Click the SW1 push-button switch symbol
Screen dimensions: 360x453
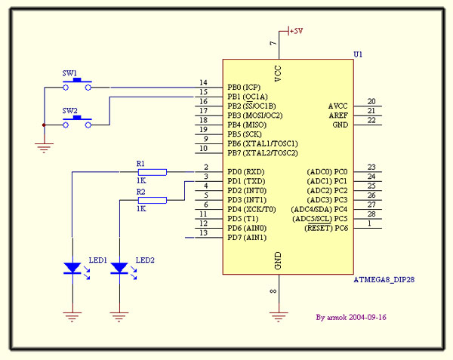coord(76,85)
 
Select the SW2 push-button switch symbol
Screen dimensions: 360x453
coord(76,122)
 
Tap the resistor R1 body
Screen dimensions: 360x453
coord(152,172)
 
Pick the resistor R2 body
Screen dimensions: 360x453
coord(152,200)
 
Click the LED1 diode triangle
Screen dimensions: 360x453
coord(72,267)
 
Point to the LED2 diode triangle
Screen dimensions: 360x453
coord(119,267)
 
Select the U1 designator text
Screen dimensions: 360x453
coord(358,54)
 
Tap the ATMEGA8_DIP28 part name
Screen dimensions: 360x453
coord(383,279)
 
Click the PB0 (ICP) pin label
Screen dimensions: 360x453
coord(245,88)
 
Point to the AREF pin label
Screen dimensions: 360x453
coord(338,115)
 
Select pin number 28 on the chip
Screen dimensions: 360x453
coord(371,214)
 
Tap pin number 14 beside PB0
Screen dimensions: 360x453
coord(203,83)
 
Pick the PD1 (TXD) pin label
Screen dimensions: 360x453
coord(246,181)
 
